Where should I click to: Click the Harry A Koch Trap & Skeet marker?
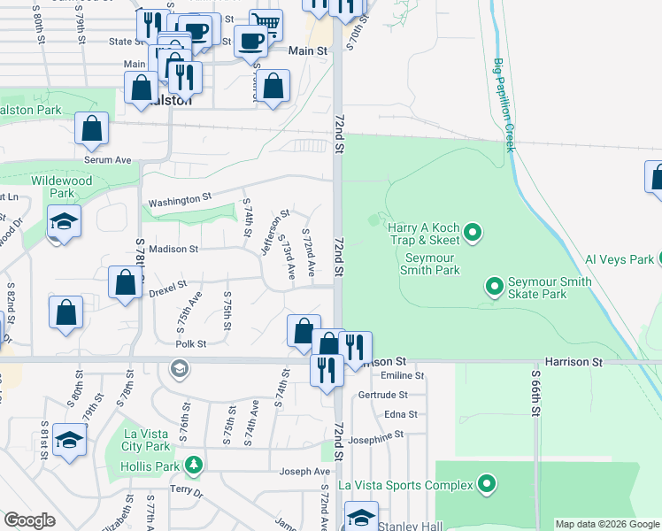pos(473,234)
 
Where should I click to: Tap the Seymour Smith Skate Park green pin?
pos(494,286)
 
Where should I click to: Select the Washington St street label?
pos(181,201)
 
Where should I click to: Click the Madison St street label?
pos(173,249)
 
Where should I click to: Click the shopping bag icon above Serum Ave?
pos(92,128)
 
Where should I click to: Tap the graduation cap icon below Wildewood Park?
pos(64,220)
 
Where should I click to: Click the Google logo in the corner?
pos(30,520)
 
